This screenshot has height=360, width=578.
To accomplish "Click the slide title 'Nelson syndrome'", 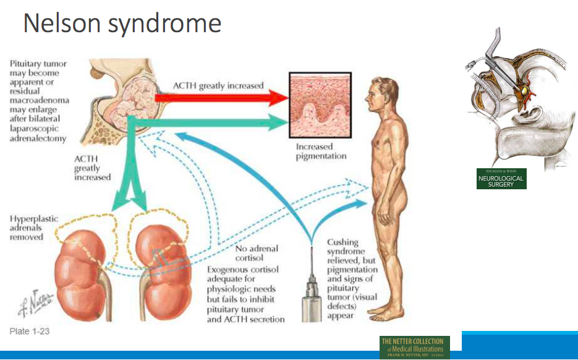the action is pos(122,23).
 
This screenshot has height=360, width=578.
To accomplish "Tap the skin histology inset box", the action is pos(320,105).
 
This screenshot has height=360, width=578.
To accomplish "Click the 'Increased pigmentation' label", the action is pos(321,152).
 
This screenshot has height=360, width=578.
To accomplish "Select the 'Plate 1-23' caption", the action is pos(30,332).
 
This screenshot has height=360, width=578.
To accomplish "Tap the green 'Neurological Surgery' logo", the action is pos(501,179).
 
